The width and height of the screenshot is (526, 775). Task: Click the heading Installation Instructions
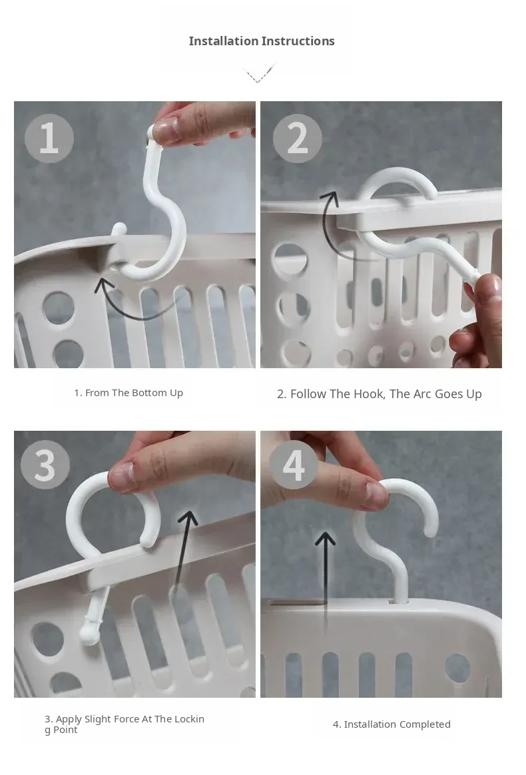tap(262, 41)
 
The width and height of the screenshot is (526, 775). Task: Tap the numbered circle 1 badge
tap(49, 138)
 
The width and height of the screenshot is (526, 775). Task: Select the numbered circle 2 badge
tap(297, 138)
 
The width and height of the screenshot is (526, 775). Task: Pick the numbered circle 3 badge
tap(45, 465)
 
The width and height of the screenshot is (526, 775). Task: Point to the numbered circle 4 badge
tap(294, 465)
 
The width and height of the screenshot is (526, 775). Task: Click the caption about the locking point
tap(124, 724)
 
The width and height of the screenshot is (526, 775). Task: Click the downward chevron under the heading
tap(259, 74)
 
